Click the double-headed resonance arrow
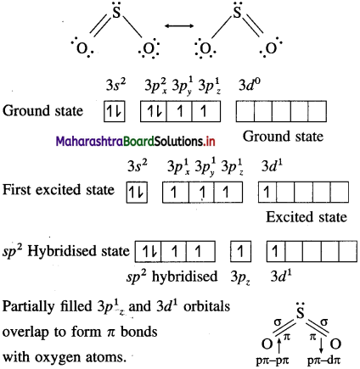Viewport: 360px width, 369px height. click(x=179, y=26)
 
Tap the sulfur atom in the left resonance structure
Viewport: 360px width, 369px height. click(x=116, y=13)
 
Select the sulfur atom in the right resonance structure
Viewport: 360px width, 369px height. click(x=237, y=13)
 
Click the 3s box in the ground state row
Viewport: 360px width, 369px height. click(x=115, y=111)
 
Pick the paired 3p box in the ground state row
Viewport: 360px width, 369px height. click(x=154, y=111)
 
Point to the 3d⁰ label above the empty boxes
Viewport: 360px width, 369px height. click(x=250, y=85)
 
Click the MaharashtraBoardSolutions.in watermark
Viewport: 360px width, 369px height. click(x=136, y=141)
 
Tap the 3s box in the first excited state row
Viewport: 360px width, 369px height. click(x=137, y=193)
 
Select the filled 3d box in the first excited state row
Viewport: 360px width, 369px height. click(x=267, y=193)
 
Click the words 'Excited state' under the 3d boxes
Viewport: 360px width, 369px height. click(x=307, y=217)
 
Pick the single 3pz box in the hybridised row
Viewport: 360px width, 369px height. click(x=240, y=251)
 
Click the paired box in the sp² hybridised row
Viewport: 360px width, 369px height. click(x=148, y=251)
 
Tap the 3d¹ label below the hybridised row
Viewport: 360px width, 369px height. click(x=281, y=277)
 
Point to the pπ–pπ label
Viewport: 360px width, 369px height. click(x=273, y=361)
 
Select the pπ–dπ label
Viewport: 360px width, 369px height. click(x=324, y=361)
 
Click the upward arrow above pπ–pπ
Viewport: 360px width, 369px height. click(x=279, y=345)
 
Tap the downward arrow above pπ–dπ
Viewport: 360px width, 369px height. click(x=321, y=345)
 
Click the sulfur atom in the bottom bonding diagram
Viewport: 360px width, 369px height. click(x=300, y=313)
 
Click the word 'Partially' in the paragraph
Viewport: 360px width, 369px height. click(x=29, y=306)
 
